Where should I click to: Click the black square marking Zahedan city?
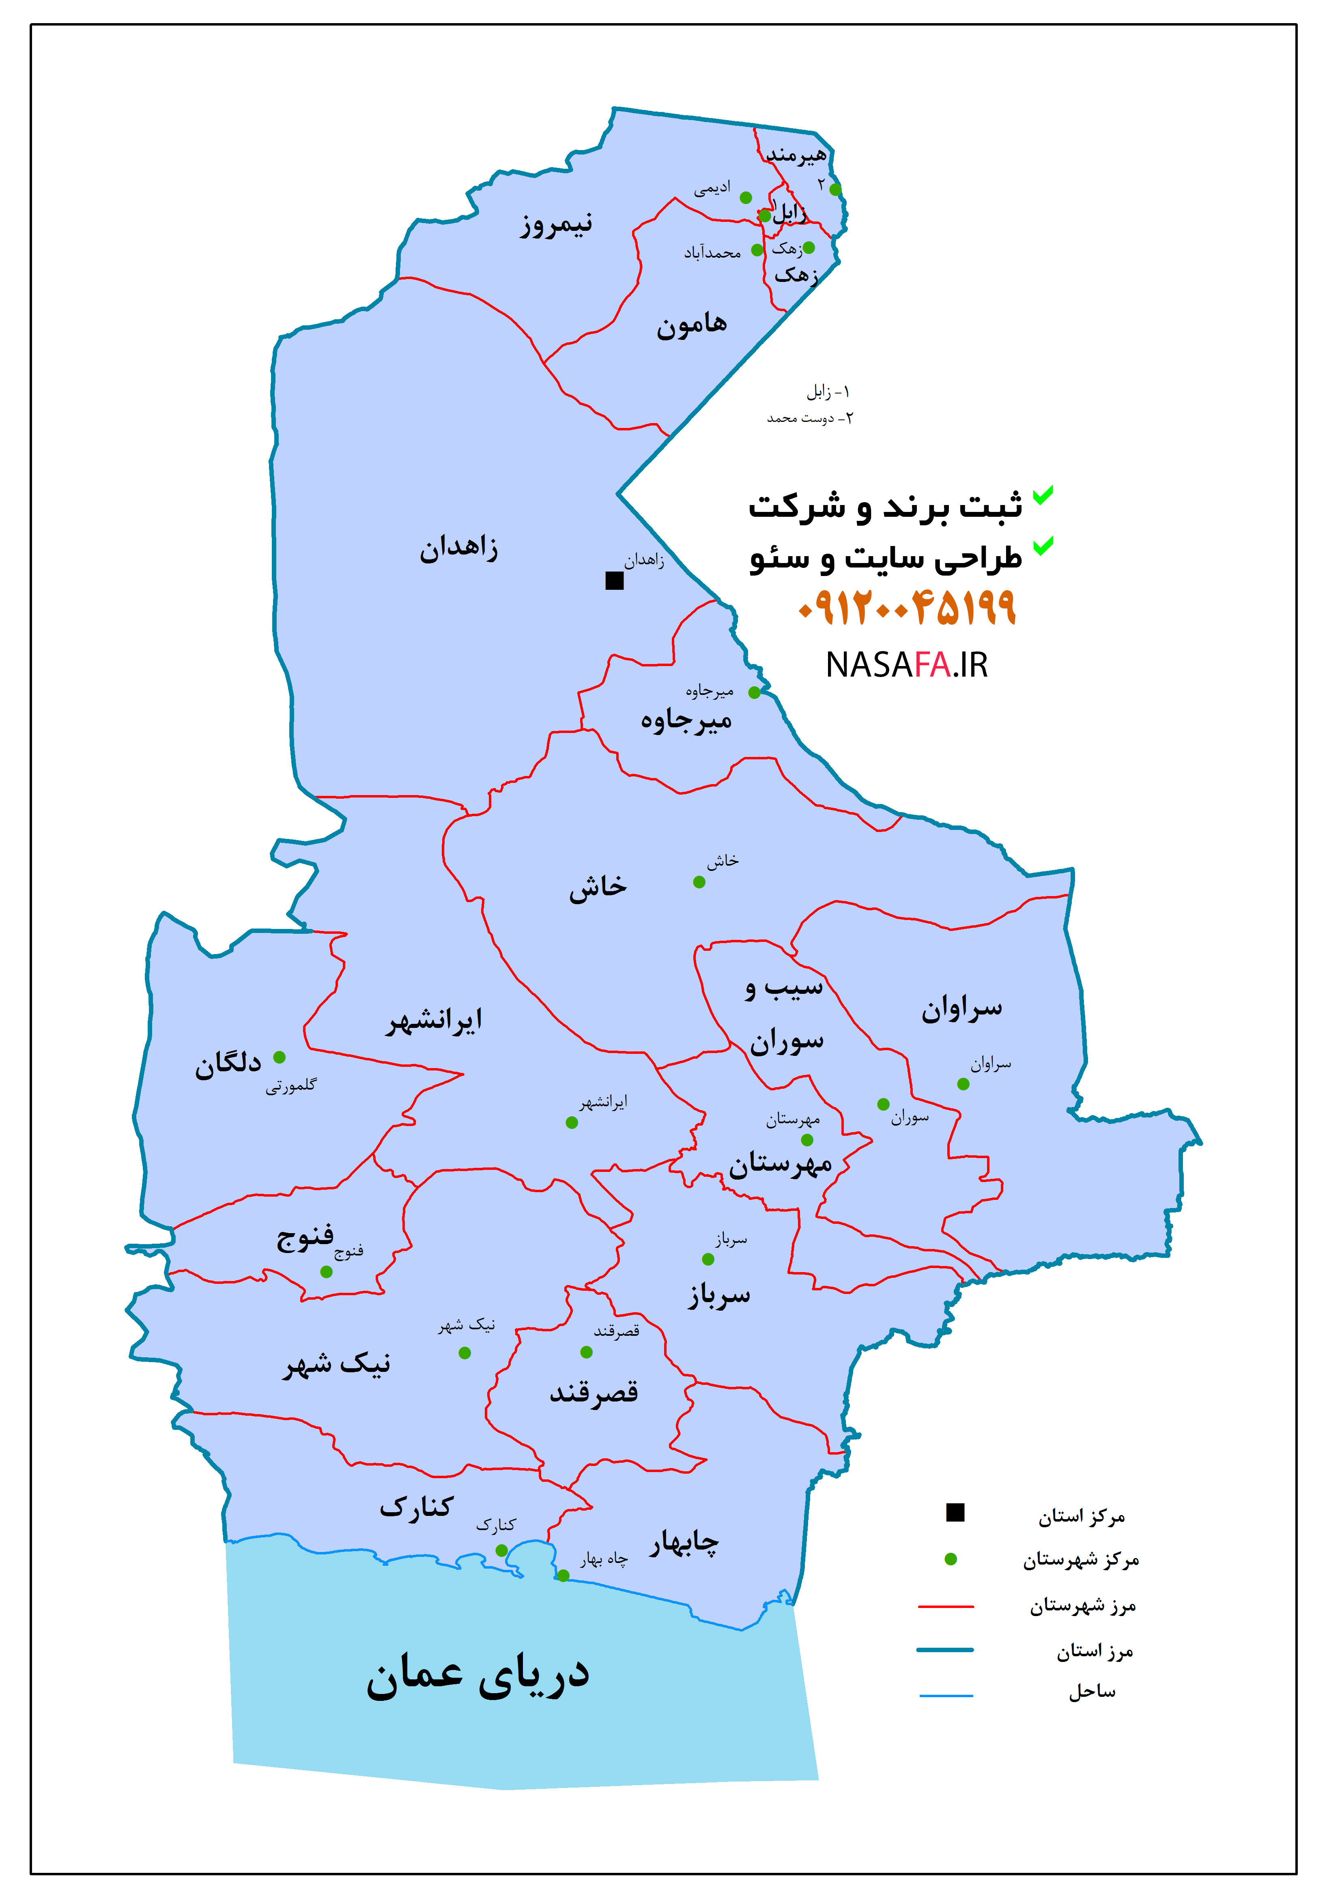[x=614, y=581]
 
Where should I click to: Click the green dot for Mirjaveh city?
[x=754, y=693]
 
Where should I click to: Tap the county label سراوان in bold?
[x=961, y=1008]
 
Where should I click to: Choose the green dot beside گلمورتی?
[x=280, y=1057]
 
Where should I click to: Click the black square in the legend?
[x=955, y=1513]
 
